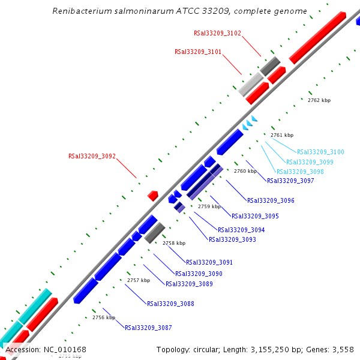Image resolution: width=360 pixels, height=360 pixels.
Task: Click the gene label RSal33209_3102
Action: tap(217, 33)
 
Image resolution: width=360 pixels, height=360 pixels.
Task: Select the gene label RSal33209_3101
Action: tap(198, 52)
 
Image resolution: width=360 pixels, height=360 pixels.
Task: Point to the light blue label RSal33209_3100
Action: tap(320, 152)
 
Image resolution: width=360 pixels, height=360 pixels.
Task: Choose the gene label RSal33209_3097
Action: tap(290, 181)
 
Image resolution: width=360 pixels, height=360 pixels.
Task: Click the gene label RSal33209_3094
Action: tap(241, 230)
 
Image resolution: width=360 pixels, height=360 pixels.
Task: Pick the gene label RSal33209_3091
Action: tap(209, 262)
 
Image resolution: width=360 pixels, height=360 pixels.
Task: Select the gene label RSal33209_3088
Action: tap(170, 304)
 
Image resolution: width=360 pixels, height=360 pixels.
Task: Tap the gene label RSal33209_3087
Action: tap(148, 328)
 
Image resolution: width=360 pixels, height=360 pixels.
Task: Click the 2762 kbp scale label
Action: tap(319, 100)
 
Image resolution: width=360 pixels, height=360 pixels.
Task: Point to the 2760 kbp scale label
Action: tap(245, 171)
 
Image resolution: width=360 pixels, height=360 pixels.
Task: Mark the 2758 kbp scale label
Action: tap(174, 243)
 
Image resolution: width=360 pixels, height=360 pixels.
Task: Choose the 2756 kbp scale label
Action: tap(104, 317)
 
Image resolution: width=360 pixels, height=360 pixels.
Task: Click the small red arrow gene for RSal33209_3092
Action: tap(153, 196)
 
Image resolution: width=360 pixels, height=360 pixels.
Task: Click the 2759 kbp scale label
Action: tap(209, 206)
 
